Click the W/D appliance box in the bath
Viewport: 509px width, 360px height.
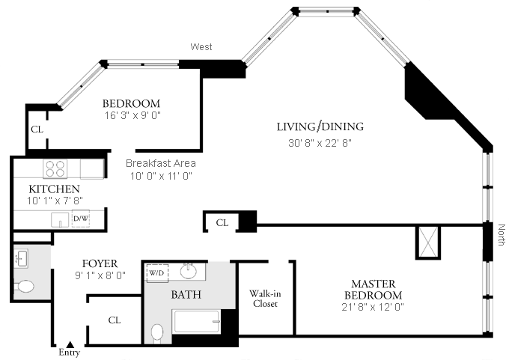click(x=156, y=273)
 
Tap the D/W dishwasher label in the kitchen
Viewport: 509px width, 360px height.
click(x=80, y=219)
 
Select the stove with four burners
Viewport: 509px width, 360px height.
click(x=55, y=168)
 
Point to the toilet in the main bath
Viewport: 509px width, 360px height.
click(x=158, y=332)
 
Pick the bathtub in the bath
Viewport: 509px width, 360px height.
click(x=196, y=322)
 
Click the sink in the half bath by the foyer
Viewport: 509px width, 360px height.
click(x=20, y=259)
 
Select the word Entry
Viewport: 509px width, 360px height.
click(x=69, y=352)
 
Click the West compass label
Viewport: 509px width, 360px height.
click(x=201, y=47)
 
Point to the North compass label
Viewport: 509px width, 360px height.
click(x=501, y=238)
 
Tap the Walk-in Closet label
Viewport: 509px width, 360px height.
click(x=265, y=299)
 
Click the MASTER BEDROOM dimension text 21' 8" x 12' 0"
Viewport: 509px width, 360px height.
click(x=373, y=306)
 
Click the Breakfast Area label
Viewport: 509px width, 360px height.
click(x=160, y=163)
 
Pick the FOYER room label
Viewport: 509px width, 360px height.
click(x=100, y=263)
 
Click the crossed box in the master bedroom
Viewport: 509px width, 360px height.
click(x=428, y=242)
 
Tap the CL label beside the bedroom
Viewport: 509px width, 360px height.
click(x=37, y=129)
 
